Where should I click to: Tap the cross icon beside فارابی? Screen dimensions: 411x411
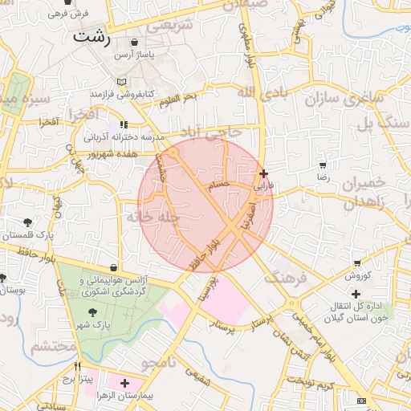264,173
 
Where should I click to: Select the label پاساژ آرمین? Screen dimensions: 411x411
132,55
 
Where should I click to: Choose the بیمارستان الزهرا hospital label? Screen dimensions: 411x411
147,396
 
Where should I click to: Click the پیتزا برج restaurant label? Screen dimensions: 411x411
79,376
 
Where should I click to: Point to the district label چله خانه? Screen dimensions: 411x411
157,217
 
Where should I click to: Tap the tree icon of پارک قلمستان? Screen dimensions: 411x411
28,222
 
